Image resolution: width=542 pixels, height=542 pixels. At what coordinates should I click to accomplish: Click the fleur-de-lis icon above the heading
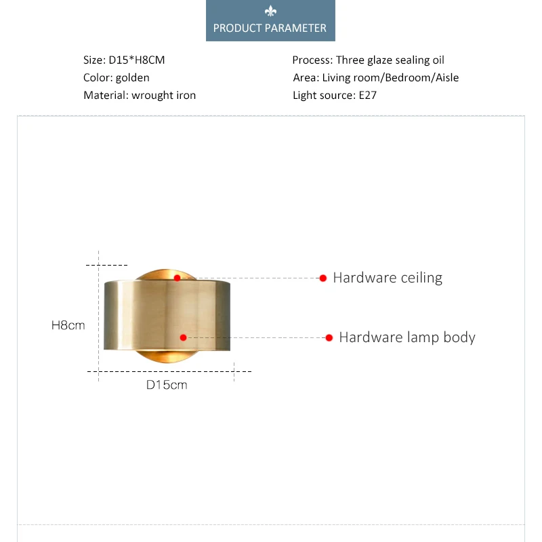tap(270, 12)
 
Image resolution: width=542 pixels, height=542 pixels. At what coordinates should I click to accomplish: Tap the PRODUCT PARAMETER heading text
tap(270, 28)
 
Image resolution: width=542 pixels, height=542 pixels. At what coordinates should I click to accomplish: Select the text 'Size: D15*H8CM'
tap(124, 60)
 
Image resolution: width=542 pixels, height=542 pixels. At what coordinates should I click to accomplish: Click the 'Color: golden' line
tap(117, 78)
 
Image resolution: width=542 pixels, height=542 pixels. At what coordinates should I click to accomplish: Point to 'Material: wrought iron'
tap(140, 96)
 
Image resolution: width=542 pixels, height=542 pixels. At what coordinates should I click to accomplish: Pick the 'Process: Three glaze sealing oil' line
tap(368, 60)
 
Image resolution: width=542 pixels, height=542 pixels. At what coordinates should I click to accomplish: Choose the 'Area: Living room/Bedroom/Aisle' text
tap(376, 78)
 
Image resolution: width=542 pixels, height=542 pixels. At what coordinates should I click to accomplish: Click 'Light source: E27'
tap(335, 96)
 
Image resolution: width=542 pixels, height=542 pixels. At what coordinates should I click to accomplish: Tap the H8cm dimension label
tap(68, 325)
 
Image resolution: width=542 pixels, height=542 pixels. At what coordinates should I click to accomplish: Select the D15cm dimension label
tap(167, 385)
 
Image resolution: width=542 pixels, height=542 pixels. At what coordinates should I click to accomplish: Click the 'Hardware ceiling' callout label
tap(388, 278)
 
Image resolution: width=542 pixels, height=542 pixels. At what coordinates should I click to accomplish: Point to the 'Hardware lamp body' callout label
tap(407, 337)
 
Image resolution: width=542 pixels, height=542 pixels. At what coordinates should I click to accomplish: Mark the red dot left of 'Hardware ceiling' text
tap(323, 278)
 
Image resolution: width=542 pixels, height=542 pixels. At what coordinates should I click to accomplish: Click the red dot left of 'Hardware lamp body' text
tap(329, 337)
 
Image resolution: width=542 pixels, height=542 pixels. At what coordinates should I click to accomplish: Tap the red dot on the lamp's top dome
tap(177, 278)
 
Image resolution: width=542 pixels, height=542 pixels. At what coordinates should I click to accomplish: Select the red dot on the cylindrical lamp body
tap(182, 337)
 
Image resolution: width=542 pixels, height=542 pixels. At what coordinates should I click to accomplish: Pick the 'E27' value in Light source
tap(367, 96)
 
